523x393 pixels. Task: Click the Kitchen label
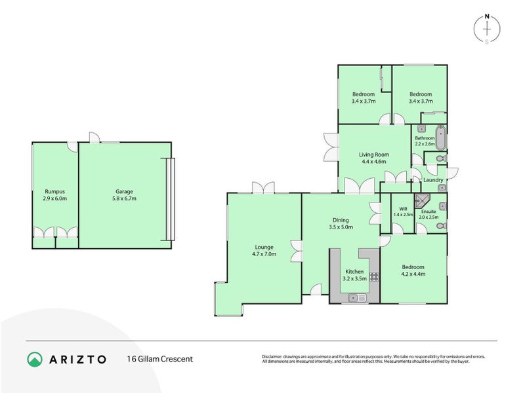coord(354,271)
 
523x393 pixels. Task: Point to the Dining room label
coord(340,220)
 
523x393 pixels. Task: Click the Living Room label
coord(373,154)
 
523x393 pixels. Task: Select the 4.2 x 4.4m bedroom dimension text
coord(413,274)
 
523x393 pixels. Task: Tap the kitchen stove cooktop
coord(375,276)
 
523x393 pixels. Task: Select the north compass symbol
coord(486,28)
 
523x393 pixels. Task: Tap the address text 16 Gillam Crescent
coord(159,359)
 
